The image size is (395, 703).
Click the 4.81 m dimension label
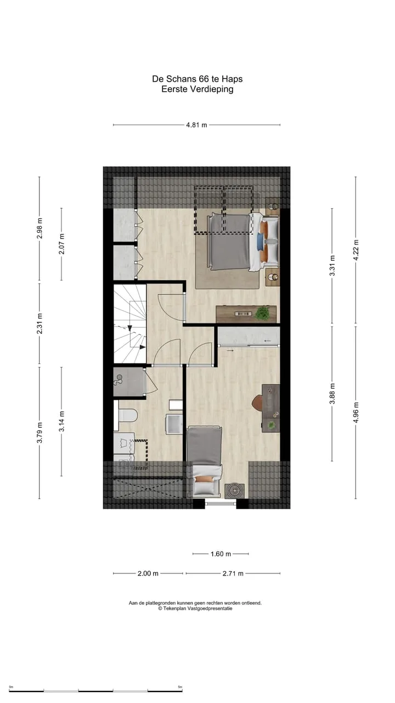point(196,125)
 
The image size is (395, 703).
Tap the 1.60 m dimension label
point(221,554)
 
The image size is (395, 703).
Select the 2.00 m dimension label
point(148,573)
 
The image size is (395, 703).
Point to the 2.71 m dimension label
point(233,573)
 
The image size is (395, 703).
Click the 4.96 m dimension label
point(356,412)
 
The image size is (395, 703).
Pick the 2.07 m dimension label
point(61,244)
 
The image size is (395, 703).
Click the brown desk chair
point(257,403)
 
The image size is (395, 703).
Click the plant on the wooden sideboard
point(262,314)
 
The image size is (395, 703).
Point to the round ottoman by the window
point(234,491)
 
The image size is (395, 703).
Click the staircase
point(130,323)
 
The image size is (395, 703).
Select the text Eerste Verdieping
point(198,89)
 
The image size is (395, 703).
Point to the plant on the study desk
point(271,425)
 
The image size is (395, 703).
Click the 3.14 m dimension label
point(61,421)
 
